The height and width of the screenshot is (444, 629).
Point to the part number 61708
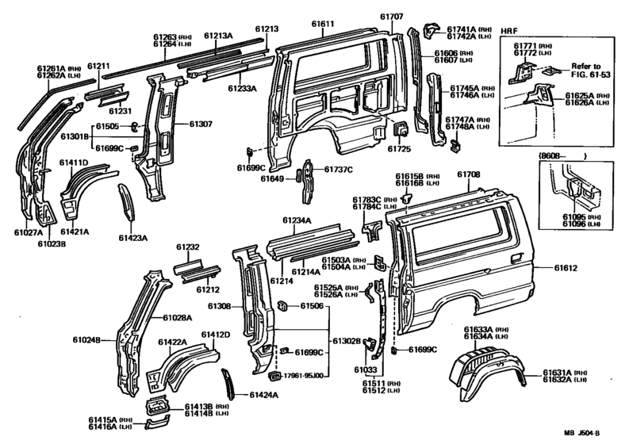pyautogui.click(x=468, y=174)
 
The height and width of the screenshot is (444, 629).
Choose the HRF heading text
pyautogui.click(x=509, y=29)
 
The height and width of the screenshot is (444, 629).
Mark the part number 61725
pyautogui.click(x=399, y=148)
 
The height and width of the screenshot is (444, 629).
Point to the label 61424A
pyautogui.click(x=265, y=394)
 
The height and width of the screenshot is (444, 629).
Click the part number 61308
pyautogui.click(x=219, y=306)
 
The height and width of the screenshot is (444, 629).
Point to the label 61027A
pyautogui.click(x=28, y=232)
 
